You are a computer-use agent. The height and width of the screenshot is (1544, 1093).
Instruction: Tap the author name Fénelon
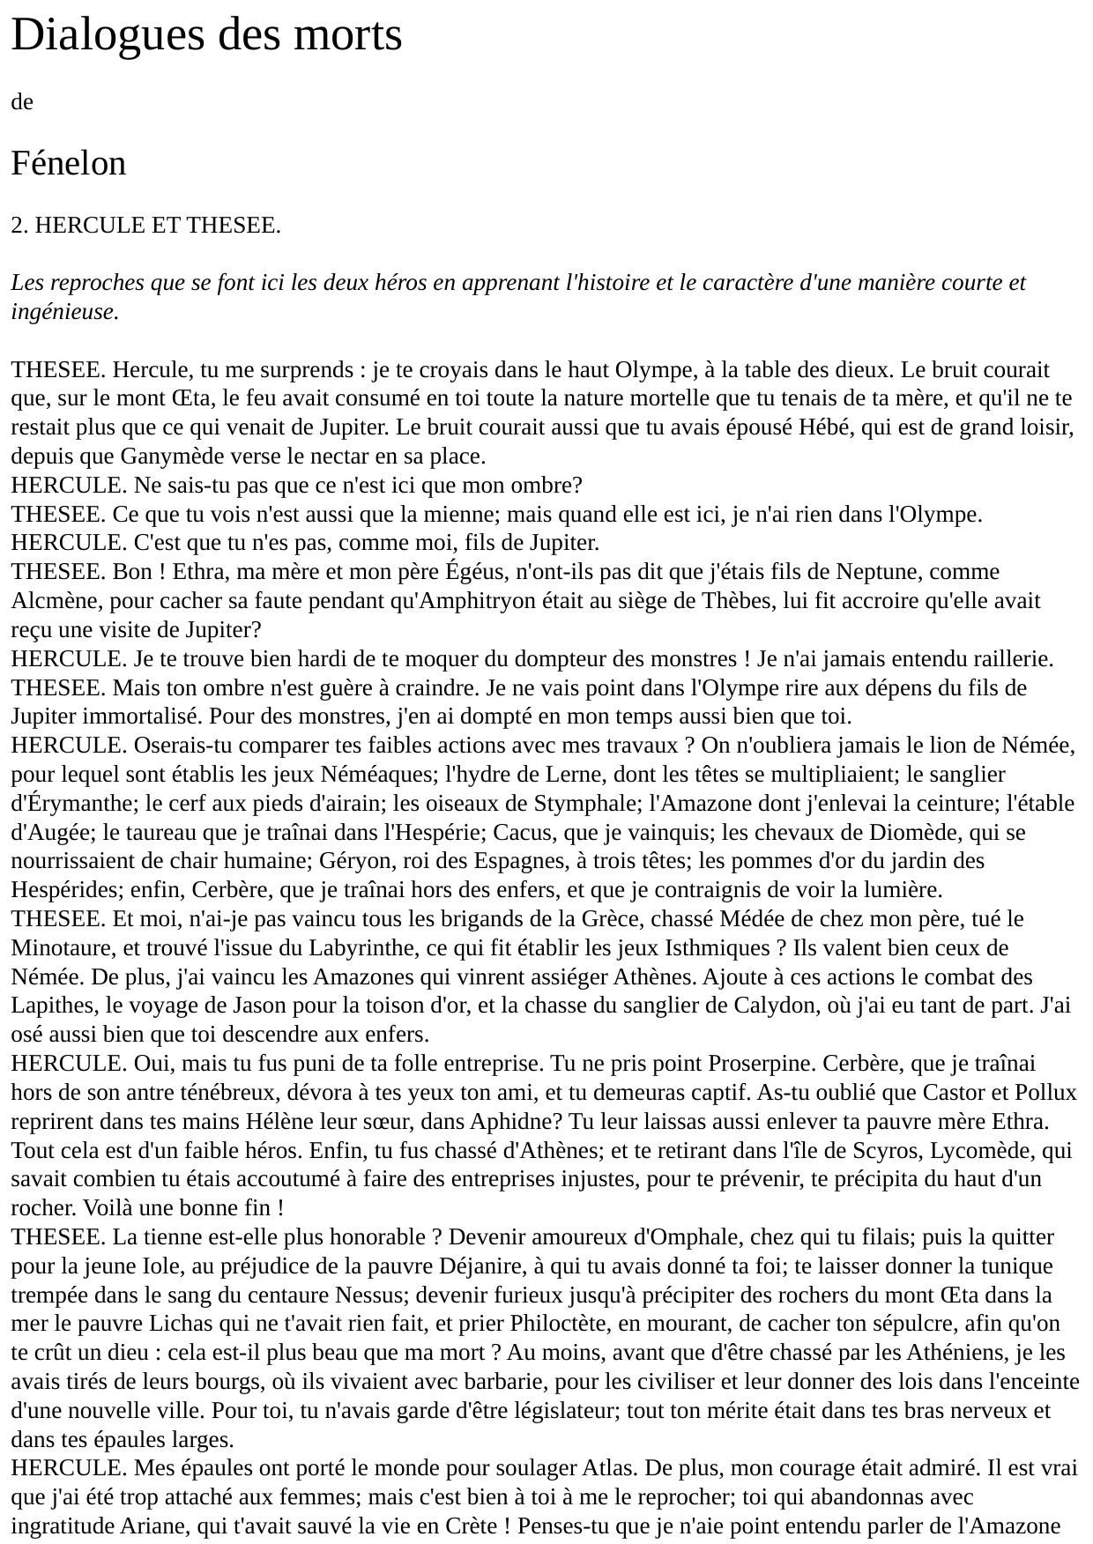69,164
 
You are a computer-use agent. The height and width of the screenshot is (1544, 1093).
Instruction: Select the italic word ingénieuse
64,312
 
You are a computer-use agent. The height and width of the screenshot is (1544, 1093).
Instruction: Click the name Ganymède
174,457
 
